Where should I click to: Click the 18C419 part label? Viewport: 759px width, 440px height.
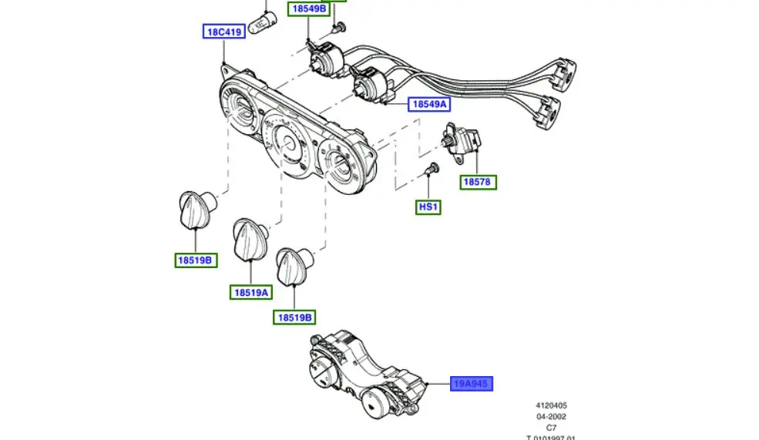pos(223,32)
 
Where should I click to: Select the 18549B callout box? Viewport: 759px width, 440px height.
pos(308,9)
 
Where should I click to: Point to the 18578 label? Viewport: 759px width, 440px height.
pos(478,183)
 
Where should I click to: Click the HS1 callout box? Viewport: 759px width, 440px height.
pos(428,207)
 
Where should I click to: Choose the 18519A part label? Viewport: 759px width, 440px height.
pos(251,292)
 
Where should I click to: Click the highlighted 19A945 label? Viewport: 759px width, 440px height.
pos(472,383)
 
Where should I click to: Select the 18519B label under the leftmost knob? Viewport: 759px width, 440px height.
pos(195,260)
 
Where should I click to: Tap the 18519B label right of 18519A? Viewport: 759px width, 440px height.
pos(296,317)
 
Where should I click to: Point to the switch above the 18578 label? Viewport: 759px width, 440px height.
pos(462,143)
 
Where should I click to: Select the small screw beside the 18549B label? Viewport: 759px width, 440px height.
pos(337,29)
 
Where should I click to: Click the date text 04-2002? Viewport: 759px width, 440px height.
pos(551,416)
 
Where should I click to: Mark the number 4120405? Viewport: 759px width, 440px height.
pos(551,405)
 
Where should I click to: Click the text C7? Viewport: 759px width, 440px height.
pos(551,427)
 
